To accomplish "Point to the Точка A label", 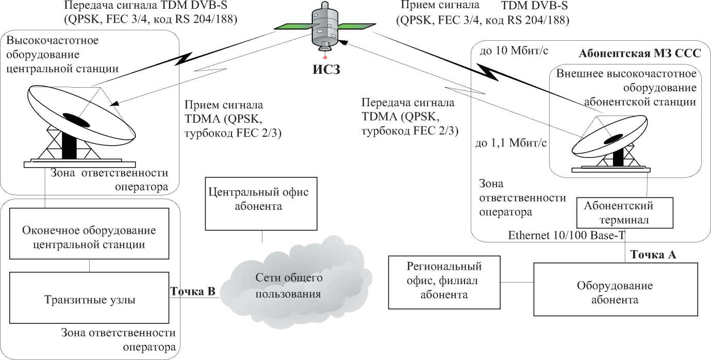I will (x=653, y=255).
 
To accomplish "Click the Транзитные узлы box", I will (x=90, y=300).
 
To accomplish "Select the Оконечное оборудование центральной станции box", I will (x=90, y=237).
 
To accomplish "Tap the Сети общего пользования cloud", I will (x=289, y=286).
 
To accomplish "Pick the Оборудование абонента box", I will (x=615, y=293).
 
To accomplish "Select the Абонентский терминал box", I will (x=619, y=213).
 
